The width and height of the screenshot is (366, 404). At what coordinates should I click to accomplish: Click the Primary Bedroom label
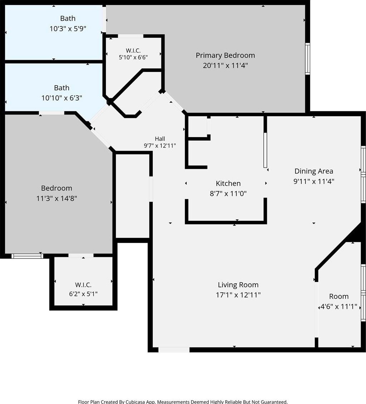coord(225,55)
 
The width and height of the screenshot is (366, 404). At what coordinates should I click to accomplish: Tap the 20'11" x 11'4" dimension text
coord(225,65)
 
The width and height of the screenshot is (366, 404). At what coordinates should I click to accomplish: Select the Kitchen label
coord(228,184)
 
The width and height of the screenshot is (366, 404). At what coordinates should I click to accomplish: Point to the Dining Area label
coord(314,171)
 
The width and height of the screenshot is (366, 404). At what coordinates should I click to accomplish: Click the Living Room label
coord(238,285)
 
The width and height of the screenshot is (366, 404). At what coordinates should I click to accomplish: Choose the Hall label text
coord(160,139)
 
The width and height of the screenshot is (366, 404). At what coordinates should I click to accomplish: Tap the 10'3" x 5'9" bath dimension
coord(68,29)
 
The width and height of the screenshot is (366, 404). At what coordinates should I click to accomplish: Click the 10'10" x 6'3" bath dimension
coord(62,98)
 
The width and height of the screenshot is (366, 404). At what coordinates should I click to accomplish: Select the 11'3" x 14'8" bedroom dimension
coord(57,198)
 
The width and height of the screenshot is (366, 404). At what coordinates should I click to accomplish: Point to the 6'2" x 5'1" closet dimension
coord(83,294)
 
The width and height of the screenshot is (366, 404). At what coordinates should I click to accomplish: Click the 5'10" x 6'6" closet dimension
coord(133,57)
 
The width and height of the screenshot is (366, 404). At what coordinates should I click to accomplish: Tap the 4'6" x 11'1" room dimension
coord(339,307)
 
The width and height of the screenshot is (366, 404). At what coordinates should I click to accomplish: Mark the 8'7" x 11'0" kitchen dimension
coord(228,194)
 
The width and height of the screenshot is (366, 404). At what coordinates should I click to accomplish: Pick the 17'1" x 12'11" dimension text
coord(238,295)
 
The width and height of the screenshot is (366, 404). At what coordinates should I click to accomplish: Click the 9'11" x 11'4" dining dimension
coord(314,181)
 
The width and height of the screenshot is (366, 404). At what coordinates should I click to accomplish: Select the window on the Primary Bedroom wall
coord(308,59)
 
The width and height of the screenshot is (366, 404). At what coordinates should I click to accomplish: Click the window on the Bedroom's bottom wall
coord(27,256)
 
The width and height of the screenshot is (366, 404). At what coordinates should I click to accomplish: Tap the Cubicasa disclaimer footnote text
coord(183,402)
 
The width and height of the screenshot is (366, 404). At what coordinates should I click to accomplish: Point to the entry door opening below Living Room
coord(174,350)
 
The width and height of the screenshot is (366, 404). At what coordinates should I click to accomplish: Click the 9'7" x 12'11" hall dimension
coord(160,146)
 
